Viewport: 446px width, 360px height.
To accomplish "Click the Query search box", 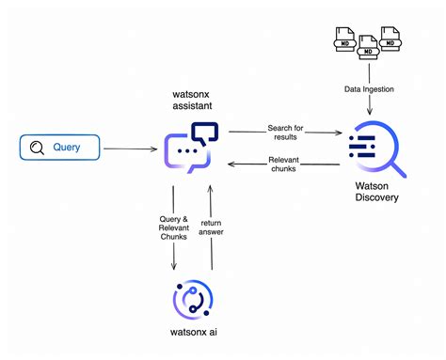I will tap(59, 148).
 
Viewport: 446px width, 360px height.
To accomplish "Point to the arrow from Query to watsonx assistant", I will tap(129, 149).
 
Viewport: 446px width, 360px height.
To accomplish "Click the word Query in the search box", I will tap(68, 148).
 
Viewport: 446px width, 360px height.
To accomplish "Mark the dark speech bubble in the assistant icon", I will tap(204, 133).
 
